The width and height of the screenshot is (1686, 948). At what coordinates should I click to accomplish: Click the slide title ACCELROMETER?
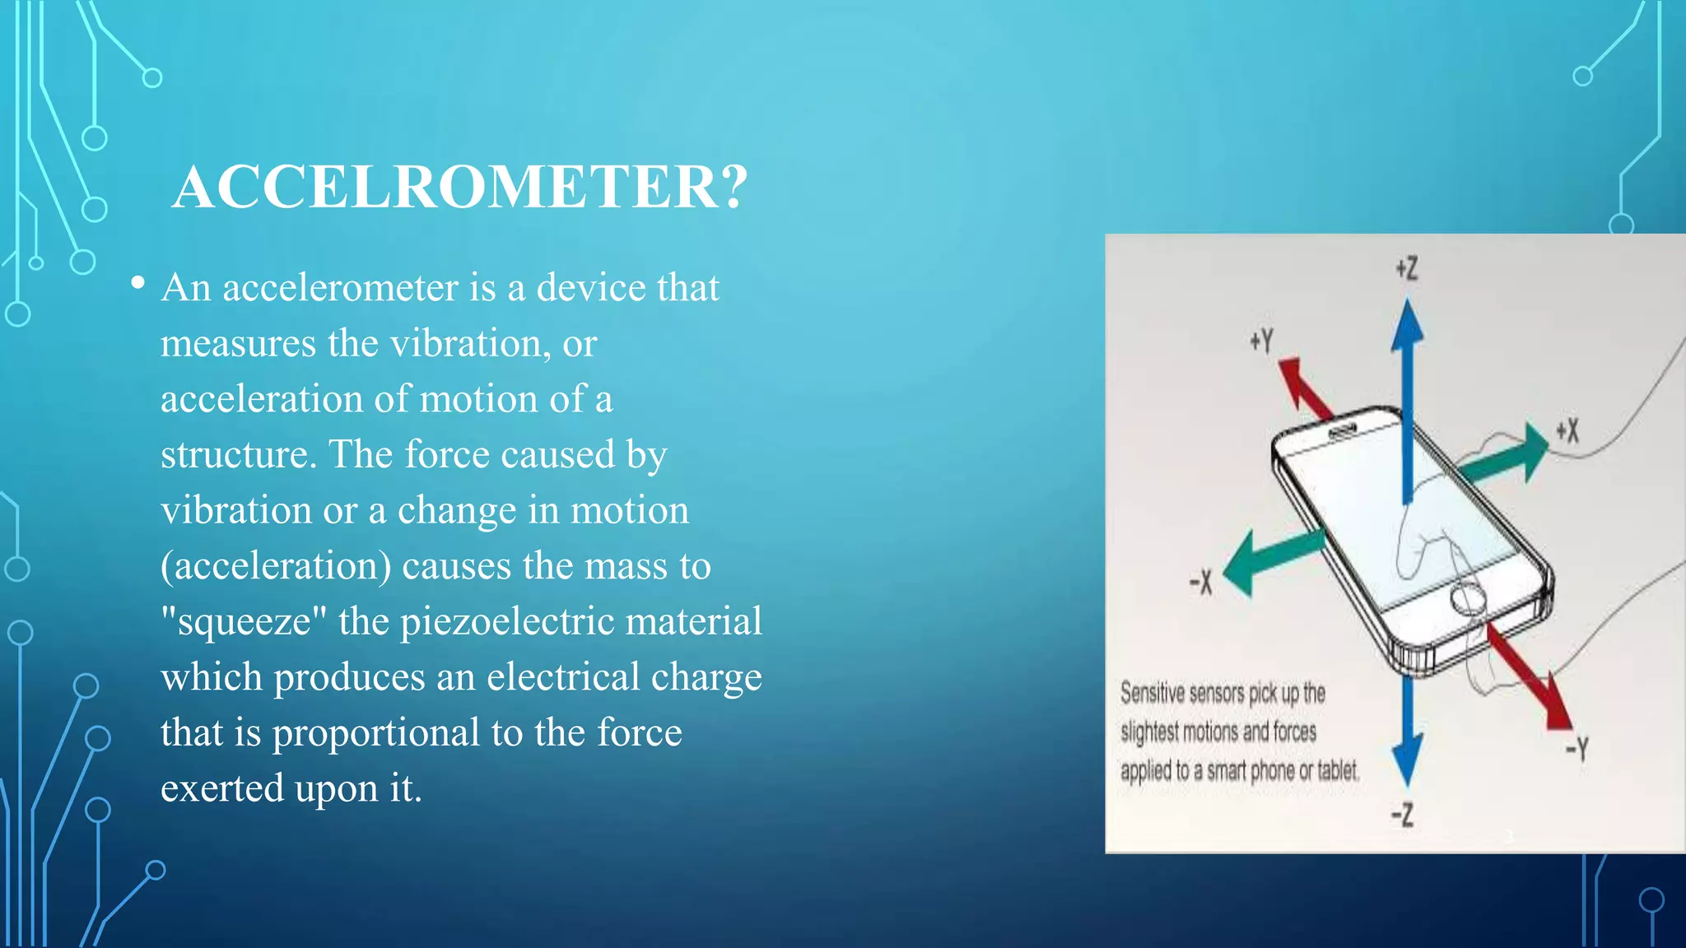click(460, 188)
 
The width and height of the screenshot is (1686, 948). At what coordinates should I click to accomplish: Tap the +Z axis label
click(1407, 268)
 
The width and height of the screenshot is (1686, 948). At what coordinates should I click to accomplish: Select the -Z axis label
click(1402, 815)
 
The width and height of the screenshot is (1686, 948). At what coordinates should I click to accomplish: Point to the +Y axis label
click(1261, 341)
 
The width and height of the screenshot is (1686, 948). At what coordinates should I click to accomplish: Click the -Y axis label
click(1577, 748)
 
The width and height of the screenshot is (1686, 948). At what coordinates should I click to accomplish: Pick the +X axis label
click(1567, 430)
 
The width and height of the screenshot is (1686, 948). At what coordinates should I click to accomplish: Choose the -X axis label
click(1201, 583)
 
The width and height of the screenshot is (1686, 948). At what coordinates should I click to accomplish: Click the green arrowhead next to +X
click(1533, 451)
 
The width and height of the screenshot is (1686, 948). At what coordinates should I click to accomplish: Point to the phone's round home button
click(1468, 598)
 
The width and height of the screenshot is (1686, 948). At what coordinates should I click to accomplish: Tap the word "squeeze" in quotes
click(244, 622)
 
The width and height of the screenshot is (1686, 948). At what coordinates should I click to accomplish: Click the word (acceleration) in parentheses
click(276, 566)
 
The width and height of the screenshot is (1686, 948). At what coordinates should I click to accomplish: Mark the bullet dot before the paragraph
click(137, 284)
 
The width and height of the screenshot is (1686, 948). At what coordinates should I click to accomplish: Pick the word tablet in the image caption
click(1337, 770)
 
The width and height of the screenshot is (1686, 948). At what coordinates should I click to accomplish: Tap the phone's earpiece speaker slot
click(1342, 432)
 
